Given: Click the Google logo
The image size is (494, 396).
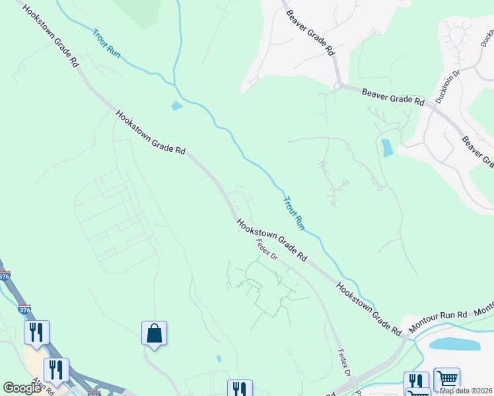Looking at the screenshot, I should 22,388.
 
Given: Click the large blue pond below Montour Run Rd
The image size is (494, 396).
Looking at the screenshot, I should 455,344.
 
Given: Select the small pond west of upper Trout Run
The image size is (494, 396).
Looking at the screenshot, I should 176,106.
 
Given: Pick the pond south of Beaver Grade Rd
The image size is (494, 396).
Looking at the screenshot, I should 387,147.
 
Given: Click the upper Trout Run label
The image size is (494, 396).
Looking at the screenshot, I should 106,44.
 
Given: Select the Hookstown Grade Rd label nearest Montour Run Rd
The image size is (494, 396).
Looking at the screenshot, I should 369,308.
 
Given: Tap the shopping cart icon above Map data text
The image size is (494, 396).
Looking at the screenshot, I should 447,379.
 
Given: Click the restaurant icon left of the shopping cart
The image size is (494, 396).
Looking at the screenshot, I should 417,382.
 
